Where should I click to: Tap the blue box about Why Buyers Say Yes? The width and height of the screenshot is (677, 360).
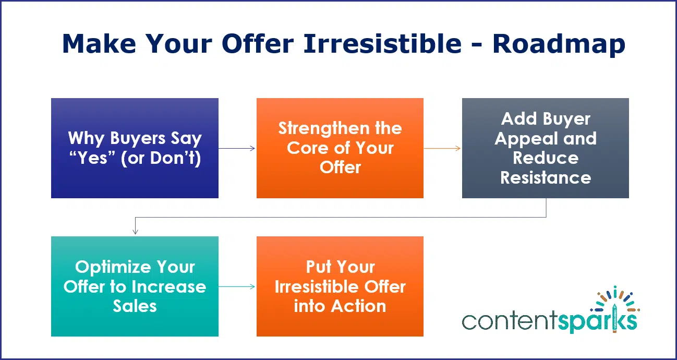tap(135, 148)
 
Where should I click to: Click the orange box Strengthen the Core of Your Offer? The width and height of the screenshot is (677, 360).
tap(340, 148)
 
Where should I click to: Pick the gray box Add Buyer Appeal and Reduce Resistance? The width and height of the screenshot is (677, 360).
tap(545, 148)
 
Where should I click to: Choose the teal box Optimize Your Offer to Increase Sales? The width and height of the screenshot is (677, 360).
tap(135, 286)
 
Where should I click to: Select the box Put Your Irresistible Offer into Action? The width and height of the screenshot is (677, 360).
tap(340, 286)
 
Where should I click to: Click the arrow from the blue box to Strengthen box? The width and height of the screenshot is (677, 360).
tap(237, 148)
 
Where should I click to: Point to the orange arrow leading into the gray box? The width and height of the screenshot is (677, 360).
tap(442, 148)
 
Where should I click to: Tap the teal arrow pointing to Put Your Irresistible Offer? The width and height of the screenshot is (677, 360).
tap(237, 286)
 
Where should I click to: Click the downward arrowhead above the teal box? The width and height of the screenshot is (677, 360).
tap(135, 231)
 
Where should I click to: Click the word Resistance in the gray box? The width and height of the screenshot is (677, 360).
tap(546, 178)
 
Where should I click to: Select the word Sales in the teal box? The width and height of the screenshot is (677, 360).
tap(135, 306)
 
